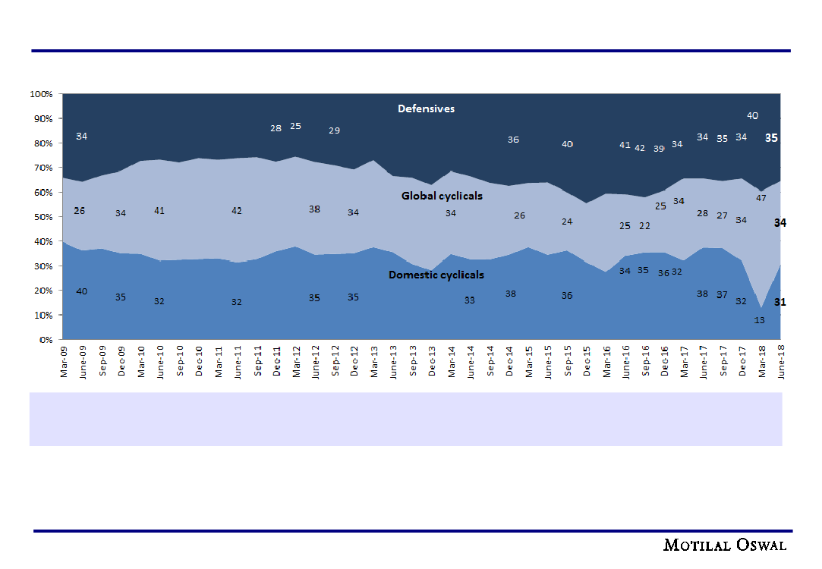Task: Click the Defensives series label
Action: [x=426, y=108]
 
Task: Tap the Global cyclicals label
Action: [x=442, y=196]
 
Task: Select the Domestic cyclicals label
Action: [x=436, y=275]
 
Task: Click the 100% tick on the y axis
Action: [x=41, y=94]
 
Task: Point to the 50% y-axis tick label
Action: [x=43, y=217]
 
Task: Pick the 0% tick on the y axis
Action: [x=46, y=340]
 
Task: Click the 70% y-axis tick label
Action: [x=43, y=168]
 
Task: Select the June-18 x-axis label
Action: [x=781, y=361]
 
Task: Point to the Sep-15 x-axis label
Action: [x=568, y=360]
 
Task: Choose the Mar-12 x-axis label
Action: [x=296, y=360]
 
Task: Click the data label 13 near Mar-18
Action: [x=760, y=320]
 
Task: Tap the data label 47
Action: [x=761, y=198]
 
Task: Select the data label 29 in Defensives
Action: [x=334, y=130]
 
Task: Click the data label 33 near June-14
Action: [x=470, y=300]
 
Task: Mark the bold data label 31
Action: [x=779, y=302]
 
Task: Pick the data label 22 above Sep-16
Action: [x=645, y=226]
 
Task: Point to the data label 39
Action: [x=659, y=149]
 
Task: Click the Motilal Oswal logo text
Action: [x=725, y=545]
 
